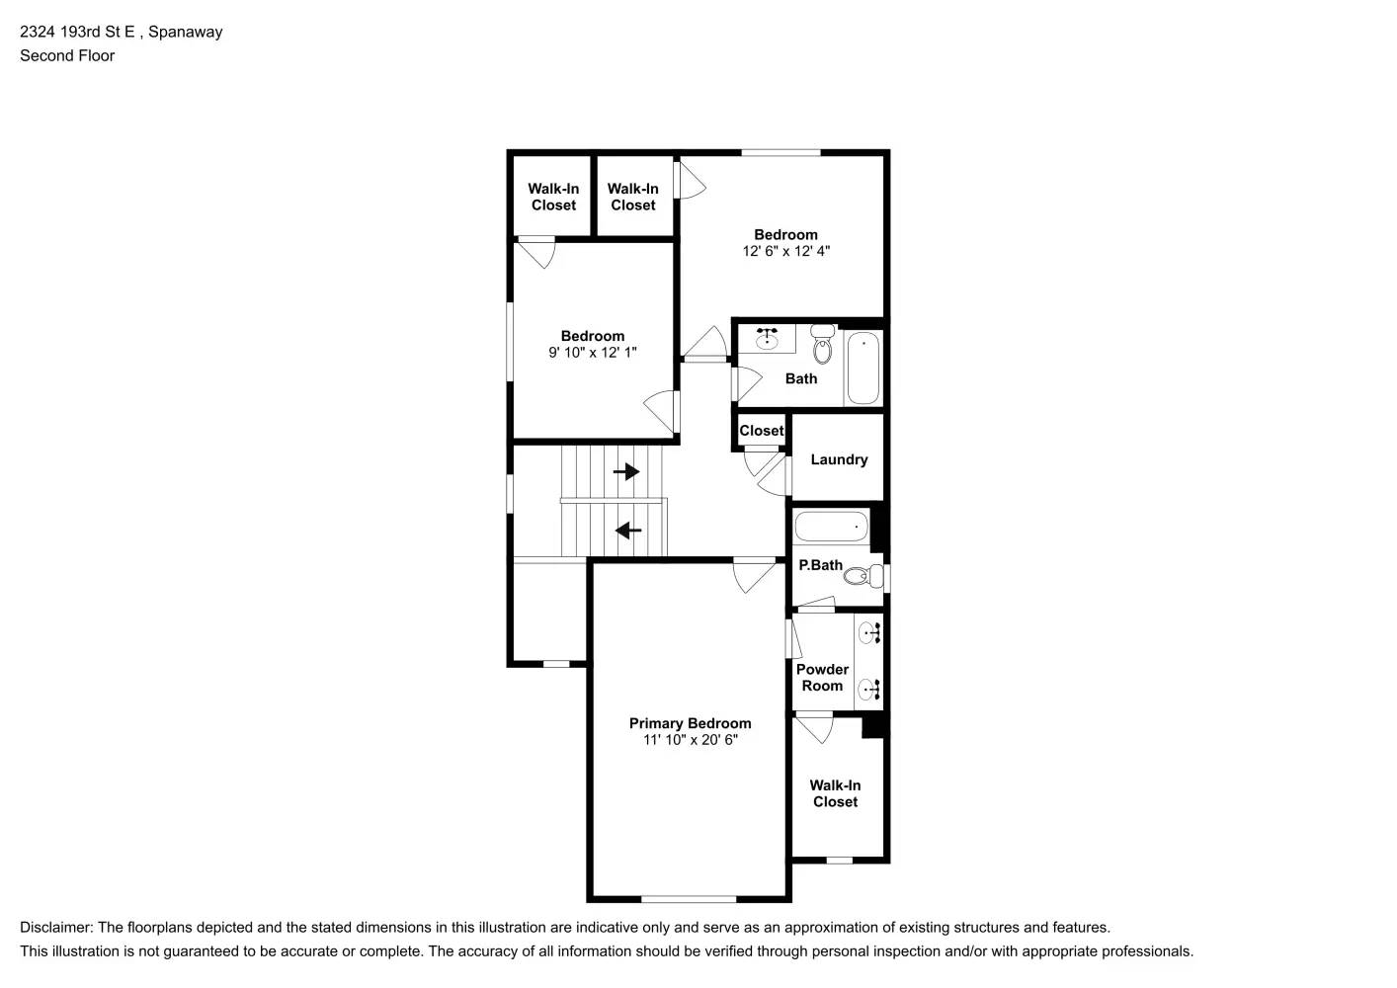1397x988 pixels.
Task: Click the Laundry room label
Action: (x=839, y=459)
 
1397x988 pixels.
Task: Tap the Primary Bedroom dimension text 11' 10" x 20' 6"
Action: (x=690, y=740)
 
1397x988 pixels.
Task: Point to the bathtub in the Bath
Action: (x=863, y=368)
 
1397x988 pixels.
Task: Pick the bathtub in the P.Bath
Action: (x=831, y=526)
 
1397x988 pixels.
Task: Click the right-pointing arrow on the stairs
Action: (x=626, y=472)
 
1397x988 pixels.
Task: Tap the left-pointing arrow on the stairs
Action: (x=628, y=532)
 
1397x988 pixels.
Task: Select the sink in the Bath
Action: (x=768, y=339)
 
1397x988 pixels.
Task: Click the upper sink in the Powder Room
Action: (x=869, y=633)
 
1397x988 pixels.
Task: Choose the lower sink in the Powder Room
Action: (x=869, y=690)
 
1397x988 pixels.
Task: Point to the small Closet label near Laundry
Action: (x=762, y=431)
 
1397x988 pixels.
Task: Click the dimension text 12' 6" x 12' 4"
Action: (x=785, y=251)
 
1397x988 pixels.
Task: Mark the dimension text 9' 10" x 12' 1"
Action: (x=592, y=353)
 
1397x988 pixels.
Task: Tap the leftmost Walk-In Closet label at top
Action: (x=553, y=197)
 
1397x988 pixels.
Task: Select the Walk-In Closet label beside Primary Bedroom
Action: (x=835, y=793)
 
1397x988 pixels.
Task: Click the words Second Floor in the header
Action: (x=67, y=56)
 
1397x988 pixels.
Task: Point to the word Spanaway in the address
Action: (x=185, y=32)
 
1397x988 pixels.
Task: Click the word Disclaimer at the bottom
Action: (x=55, y=928)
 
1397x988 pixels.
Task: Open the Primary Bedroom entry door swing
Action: (x=754, y=576)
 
